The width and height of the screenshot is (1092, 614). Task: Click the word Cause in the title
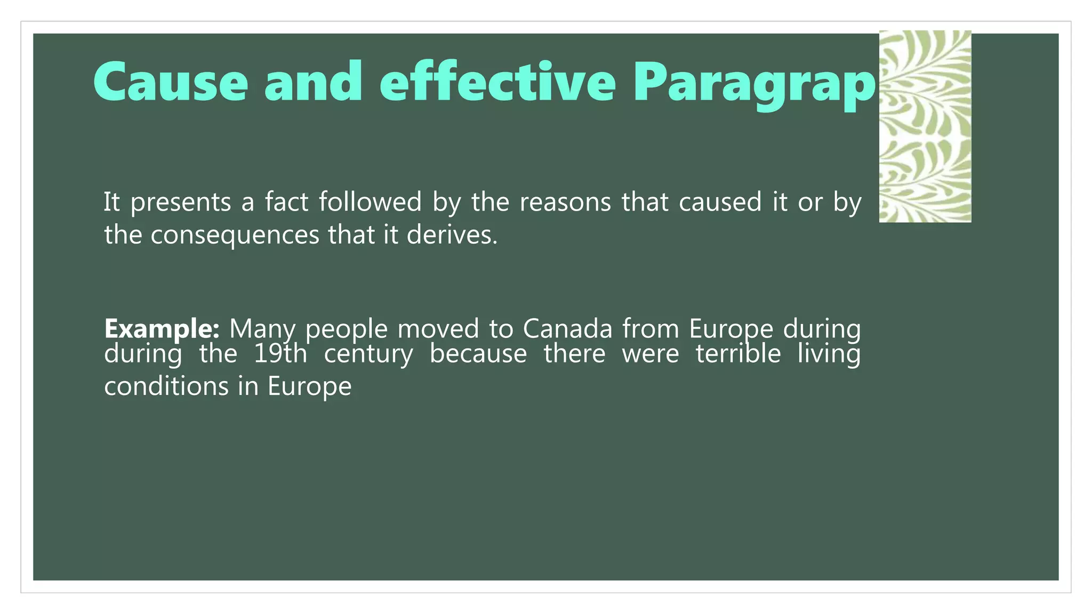click(171, 82)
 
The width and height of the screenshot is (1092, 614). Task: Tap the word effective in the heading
click(497, 82)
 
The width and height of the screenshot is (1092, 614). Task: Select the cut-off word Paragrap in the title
click(754, 84)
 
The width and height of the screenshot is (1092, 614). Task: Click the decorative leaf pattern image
click(925, 126)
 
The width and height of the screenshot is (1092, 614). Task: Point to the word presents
click(181, 203)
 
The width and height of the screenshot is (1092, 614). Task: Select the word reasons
click(565, 203)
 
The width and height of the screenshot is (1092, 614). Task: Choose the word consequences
click(235, 236)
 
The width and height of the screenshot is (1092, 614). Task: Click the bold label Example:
click(162, 329)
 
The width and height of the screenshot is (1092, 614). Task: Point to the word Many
click(262, 329)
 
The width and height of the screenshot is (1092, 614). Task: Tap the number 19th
click(280, 354)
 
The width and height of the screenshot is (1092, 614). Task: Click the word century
click(368, 355)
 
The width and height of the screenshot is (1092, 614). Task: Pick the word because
click(478, 354)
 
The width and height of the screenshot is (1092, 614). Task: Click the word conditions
click(166, 386)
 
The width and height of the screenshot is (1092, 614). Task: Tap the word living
click(829, 354)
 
